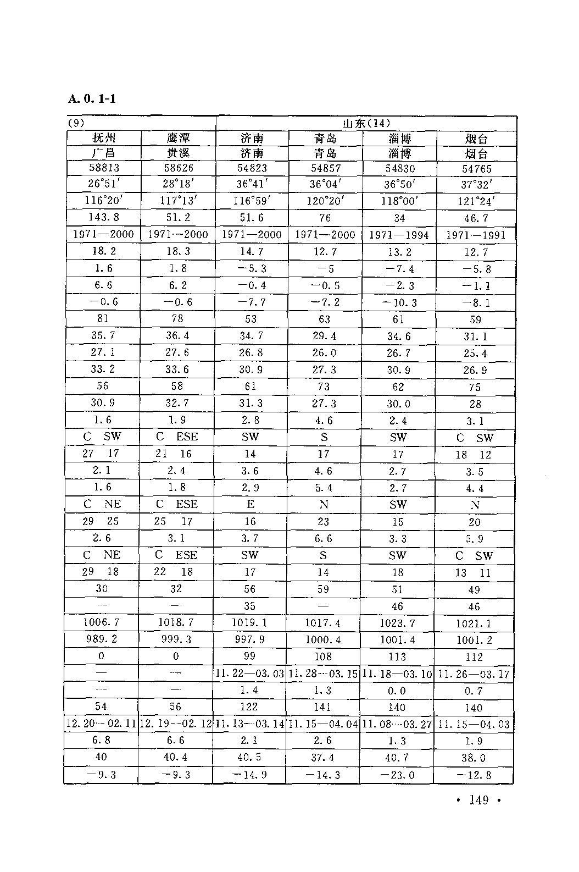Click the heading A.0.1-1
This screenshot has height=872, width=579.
pyautogui.click(x=92, y=100)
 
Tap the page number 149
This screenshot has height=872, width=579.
pyautogui.click(x=479, y=800)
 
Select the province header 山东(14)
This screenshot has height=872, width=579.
pyautogui.click(x=366, y=123)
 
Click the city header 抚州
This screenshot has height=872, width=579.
pyautogui.click(x=104, y=138)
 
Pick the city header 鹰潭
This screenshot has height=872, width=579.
pyautogui.click(x=179, y=138)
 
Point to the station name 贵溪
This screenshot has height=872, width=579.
pyautogui.click(x=179, y=153)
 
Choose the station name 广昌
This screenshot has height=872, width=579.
pyautogui.click(x=104, y=153)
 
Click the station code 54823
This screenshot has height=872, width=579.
pyautogui.click(x=252, y=168)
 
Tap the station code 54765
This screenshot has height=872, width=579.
pyautogui.click(x=476, y=169)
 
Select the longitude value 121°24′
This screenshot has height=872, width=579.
pyautogui.click(x=476, y=202)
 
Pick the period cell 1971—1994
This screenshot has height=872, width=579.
pyautogui.click(x=399, y=235)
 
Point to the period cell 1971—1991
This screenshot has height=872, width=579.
pyautogui.click(x=476, y=235)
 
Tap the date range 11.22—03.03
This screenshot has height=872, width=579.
pyautogui.click(x=250, y=674)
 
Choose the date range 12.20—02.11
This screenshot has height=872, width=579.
pyautogui.click(x=101, y=724)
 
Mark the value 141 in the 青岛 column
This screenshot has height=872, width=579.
pyautogui.click(x=323, y=707)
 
